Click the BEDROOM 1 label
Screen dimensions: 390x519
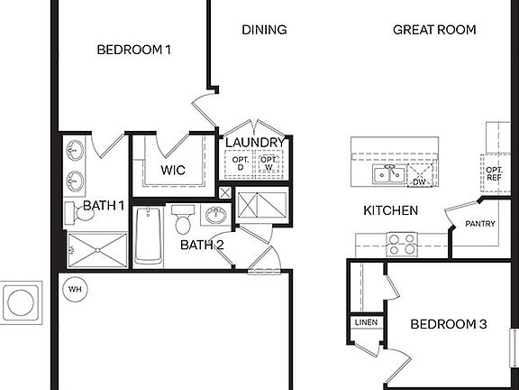(133, 51)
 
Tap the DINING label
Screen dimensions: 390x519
(264, 30)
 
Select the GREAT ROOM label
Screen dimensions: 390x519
(433, 30)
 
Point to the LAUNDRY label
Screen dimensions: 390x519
(255, 143)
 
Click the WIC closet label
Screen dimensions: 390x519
(173, 170)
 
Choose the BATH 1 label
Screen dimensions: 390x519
(104, 206)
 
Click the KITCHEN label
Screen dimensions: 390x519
(389, 210)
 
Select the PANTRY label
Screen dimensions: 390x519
(479, 224)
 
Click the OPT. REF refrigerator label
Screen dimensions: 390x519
(495, 173)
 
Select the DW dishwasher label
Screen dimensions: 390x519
(419, 181)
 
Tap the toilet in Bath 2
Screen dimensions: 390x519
(183, 219)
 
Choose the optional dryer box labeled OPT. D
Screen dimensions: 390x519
(241, 164)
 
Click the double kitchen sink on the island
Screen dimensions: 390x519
(390, 174)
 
